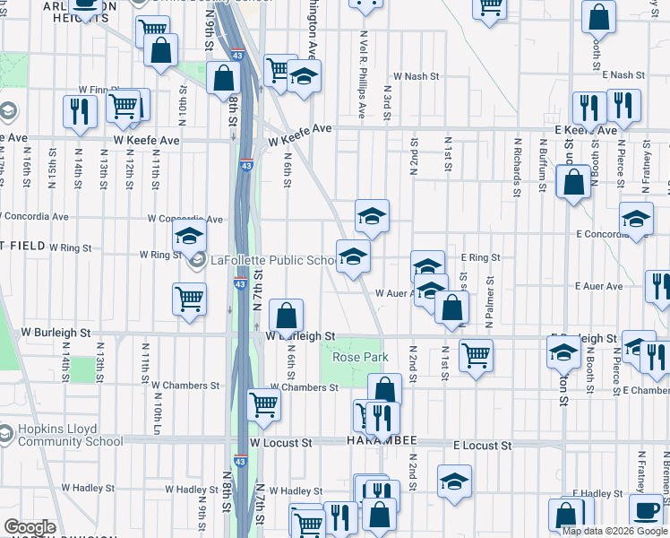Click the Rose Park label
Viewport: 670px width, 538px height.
(360, 357)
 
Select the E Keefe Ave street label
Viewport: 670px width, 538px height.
(585, 130)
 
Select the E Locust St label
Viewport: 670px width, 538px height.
(482, 445)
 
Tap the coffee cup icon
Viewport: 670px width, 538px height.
(646, 510)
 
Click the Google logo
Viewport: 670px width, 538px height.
(30, 527)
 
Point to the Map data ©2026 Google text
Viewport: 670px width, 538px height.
(614, 531)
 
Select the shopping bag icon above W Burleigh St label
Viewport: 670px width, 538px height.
(286, 316)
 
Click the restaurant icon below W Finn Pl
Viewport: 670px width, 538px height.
(81, 110)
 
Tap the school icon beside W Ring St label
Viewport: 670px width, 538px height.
(189, 237)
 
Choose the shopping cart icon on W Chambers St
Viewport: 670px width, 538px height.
(263, 404)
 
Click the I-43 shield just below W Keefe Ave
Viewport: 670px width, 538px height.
(245, 165)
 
